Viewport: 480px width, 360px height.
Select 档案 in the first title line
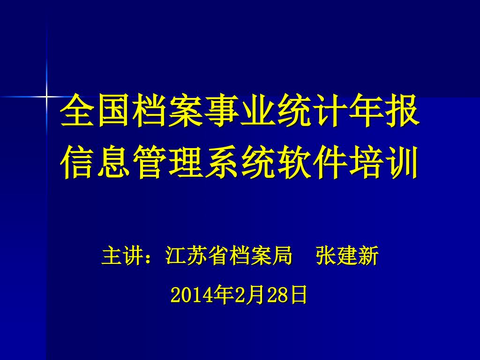pyautogui.click(x=167, y=110)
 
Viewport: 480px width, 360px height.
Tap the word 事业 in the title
pyautogui.click(x=239, y=110)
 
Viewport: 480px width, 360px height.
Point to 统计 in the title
pyautogui.click(x=311, y=110)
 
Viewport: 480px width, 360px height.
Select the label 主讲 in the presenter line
pyautogui.click(x=122, y=255)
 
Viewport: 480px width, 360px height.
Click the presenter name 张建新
pyautogui.click(x=347, y=255)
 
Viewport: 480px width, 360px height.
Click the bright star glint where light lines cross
pyautogui.click(x=46, y=97)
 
